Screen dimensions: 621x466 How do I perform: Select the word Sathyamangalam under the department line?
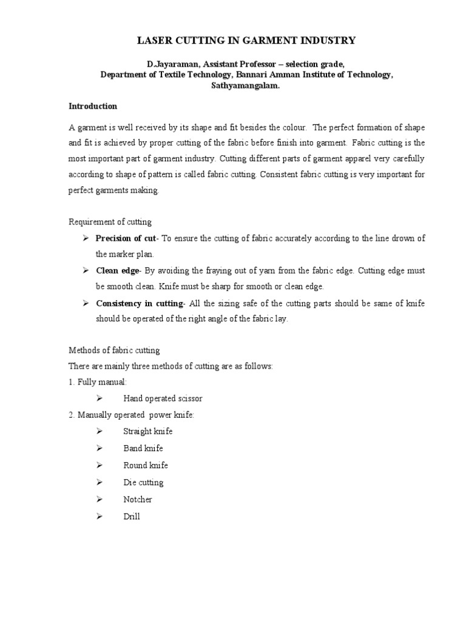[x=245, y=86]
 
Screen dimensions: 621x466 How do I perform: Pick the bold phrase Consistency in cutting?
[x=140, y=303]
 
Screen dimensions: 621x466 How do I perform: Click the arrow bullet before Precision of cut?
[x=86, y=238]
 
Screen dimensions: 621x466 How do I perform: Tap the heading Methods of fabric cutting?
[x=115, y=351]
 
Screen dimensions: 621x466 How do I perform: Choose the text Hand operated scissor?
[x=163, y=398]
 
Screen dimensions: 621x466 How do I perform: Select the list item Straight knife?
[x=147, y=431]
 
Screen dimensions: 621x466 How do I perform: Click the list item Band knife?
[x=143, y=448]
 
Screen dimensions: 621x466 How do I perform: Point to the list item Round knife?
[x=146, y=465]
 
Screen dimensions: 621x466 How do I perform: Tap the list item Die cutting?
[x=143, y=483]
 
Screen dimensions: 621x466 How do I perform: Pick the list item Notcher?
[x=138, y=500]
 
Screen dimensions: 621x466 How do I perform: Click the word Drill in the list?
[x=132, y=517]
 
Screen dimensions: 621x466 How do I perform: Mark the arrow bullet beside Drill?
[x=100, y=517]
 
